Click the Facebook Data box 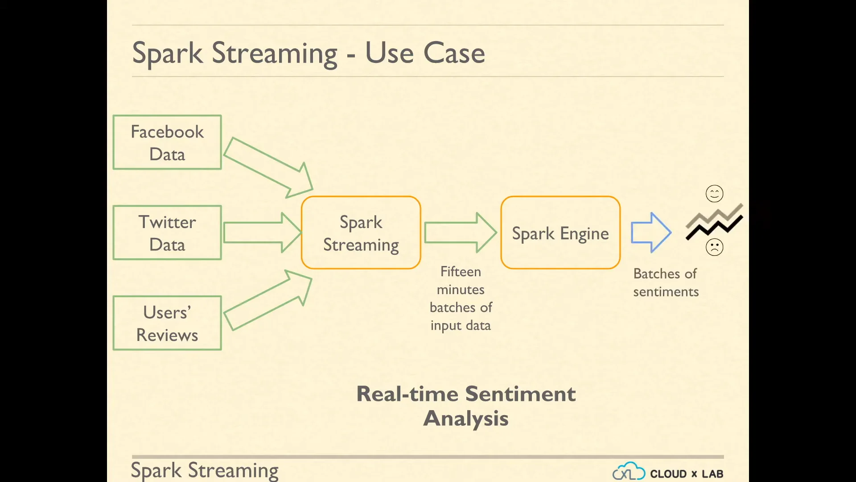pyautogui.click(x=167, y=142)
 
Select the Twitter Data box pyautogui.click(x=167, y=233)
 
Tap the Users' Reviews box pyautogui.click(x=167, y=323)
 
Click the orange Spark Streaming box pyautogui.click(x=361, y=233)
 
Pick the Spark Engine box pyautogui.click(x=560, y=233)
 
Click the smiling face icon pyautogui.click(x=714, y=194)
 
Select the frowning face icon pyautogui.click(x=714, y=247)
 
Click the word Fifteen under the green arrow pyautogui.click(x=461, y=271)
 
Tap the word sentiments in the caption pyautogui.click(x=666, y=292)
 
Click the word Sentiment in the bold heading pyautogui.click(x=520, y=394)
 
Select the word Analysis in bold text pyautogui.click(x=466, y=419)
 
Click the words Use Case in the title pyautogui.click(x=425, y=53)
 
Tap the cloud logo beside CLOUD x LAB pyautogui.click(x=629, y=472)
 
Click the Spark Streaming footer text pyautogui.click(x=205, y=470)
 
